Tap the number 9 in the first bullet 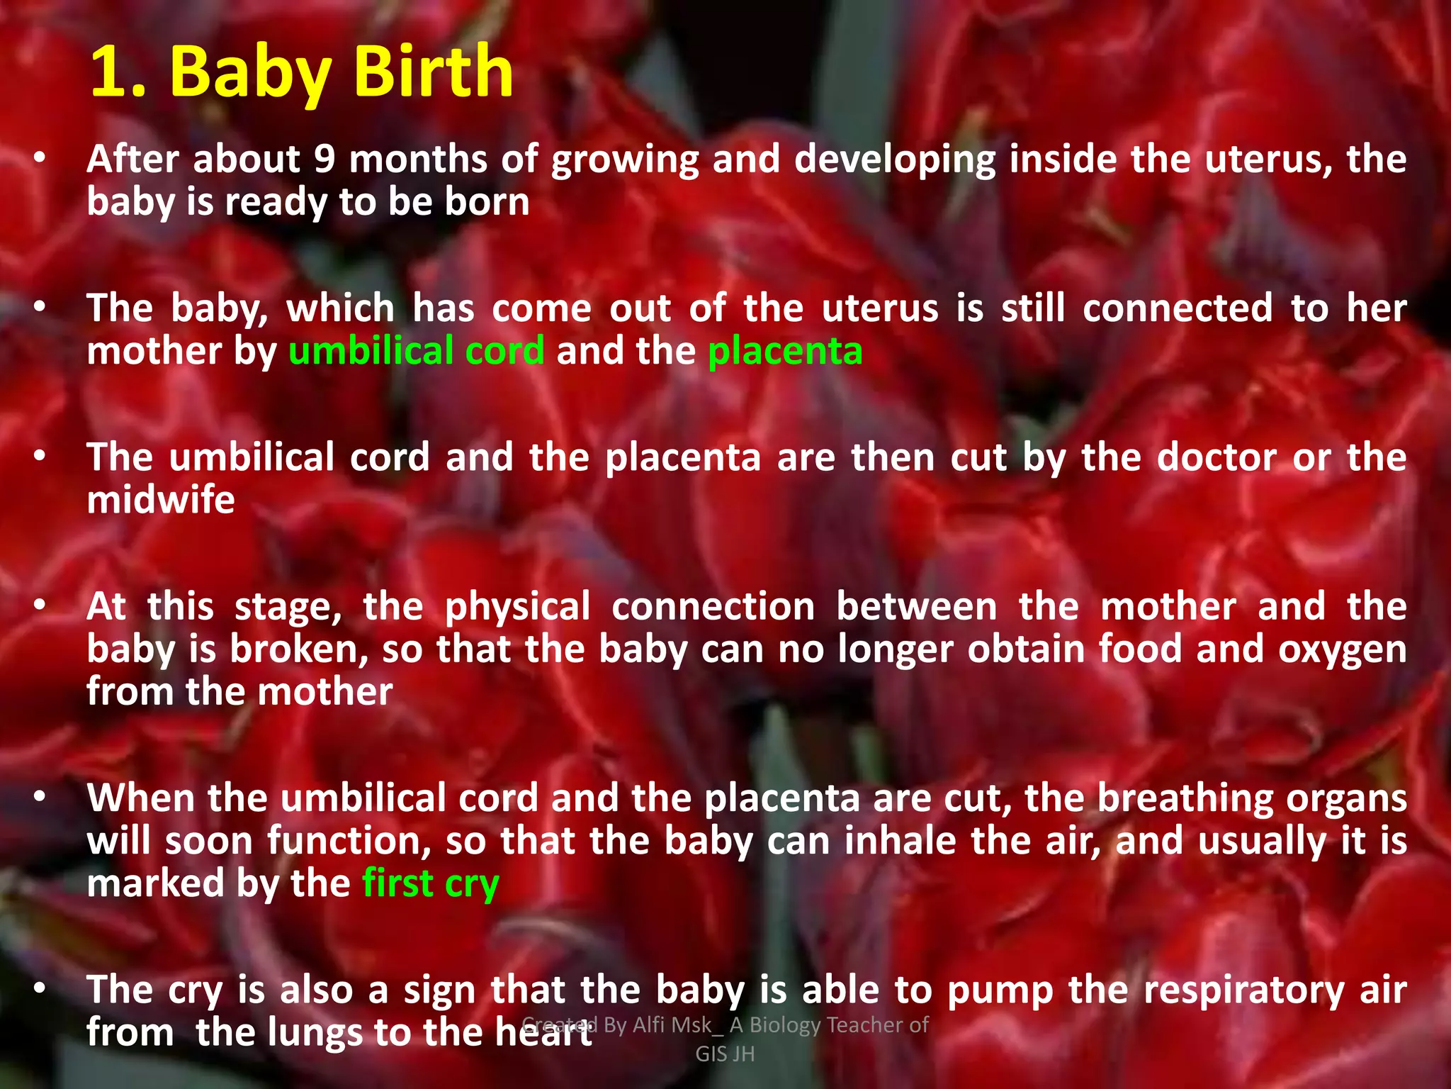[324, 159]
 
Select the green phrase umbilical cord [417, 351]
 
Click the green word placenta [785, 351]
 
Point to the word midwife [161, 500]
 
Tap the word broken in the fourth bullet [298, 649]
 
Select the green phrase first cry [431, 884]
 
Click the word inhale [900, 842]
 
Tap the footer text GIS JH [725, 1054]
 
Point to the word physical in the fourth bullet [517, 608]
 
